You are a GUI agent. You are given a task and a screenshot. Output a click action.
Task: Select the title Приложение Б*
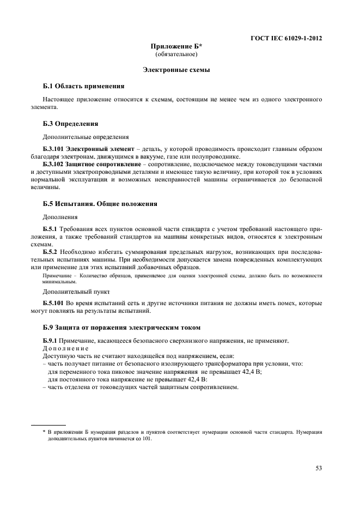click(x=176, y=47)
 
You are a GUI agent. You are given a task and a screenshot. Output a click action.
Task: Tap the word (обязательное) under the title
click(x=176, y=55)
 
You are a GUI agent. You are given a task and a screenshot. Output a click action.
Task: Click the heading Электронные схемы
click(x=176, y=70)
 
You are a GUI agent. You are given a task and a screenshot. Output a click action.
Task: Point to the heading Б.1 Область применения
click(x=83, y=86)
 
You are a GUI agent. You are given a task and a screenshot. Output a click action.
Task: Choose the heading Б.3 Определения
click(x=70, y=124)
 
